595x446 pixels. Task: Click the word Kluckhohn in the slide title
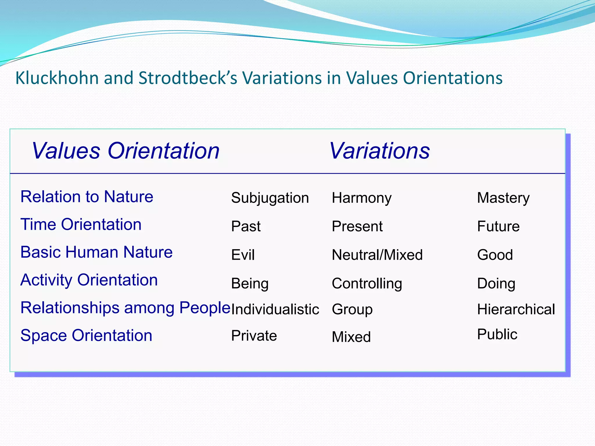click(x=57, y=78)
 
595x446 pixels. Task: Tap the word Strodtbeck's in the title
click(x=188, y=78)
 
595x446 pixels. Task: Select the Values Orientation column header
click(x=126, y=151)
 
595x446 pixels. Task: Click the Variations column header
click(x=379, y=151)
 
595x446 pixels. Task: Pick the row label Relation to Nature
click(x=87, y=197)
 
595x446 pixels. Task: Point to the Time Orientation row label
click(x=81, y=224)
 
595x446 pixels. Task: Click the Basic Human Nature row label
click(x=96, y=252)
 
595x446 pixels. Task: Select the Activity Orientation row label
click(x=89, y=280)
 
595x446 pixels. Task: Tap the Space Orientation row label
click(x=86, y=335)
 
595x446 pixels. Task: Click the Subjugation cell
click(x=270, y=198)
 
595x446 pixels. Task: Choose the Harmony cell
click(x=362, y=198)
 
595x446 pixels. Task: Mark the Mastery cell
click(x=503, y=198)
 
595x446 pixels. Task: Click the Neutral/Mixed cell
click(x=377, y=255)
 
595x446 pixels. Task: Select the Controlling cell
click(x=367, y=283)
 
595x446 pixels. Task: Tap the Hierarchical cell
click(x=516, y=309)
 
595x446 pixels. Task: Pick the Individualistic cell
click(x=275, y=309)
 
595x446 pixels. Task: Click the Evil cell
click(x=243, y=255)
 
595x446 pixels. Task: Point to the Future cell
click(x=498, y=226)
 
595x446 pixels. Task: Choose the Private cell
click(x=254, y=336)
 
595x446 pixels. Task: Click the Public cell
click(x=497, y=334)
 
